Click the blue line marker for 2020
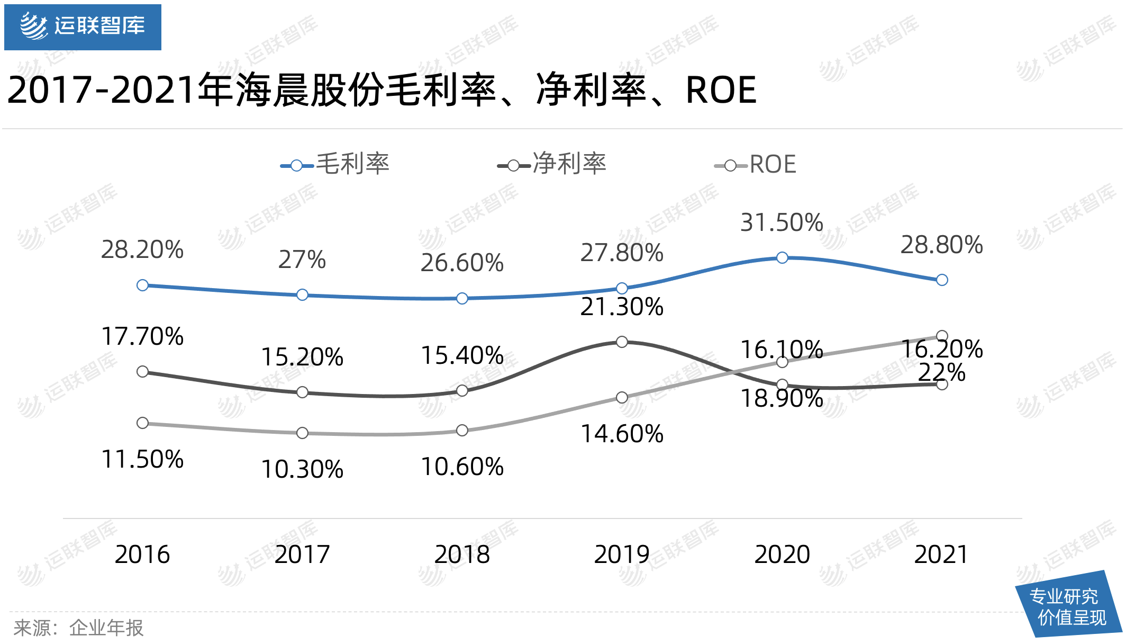click(x=782, y=258)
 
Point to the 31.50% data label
click(x=782, y=222)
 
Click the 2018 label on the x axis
click(x=462, y=554)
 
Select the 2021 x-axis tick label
click(x=941, y=554)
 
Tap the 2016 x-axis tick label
click(x=142, y=554)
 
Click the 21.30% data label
click(x=622, y=307)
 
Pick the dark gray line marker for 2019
click(x=622, y=342)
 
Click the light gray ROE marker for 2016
click(x=142, y=423)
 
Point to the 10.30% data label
click(x=302, y=469)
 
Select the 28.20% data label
click(x=142, y=249)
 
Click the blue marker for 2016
click(x=142, y=285)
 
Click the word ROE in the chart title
click(x=721, y=90)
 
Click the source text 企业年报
click(x=106, y=628)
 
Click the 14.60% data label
click(x=622, y=434)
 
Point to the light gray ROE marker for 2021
click(x=942, y=336)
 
